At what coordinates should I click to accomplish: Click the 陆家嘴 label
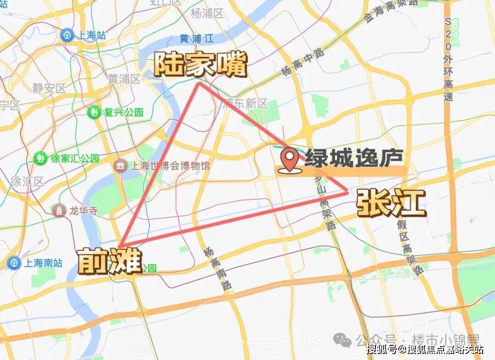[200, 65]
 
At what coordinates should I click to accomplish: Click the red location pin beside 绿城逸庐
[290, 160]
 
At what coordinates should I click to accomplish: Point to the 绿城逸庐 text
[354, 158]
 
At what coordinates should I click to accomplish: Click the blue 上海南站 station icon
[14, 263]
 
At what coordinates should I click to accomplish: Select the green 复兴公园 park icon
[94, 112]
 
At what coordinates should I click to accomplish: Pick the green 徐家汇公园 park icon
[40, 158]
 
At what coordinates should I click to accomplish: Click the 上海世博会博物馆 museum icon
[121, 165]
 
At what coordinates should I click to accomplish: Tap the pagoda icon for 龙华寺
[59, 211]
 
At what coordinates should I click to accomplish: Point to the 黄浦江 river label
[197, 38]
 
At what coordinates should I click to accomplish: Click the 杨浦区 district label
[207, 14]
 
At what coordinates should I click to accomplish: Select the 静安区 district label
[49, 88]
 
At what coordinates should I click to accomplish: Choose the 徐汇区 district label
[27, 181]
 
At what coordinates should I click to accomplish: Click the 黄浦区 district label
[124, 79]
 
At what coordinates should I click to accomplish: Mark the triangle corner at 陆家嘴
[199, 83]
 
